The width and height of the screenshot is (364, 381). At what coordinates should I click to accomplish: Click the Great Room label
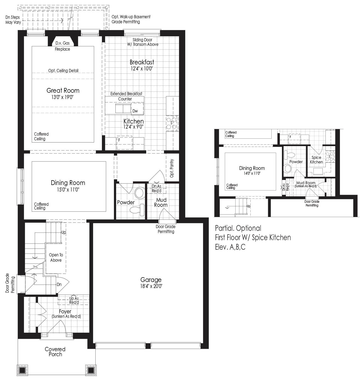click(x=63, y=90)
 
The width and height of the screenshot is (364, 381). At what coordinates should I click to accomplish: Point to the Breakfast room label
click(x=142, y=62)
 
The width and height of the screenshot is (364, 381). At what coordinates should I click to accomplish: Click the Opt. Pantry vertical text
click(x=172, y=168)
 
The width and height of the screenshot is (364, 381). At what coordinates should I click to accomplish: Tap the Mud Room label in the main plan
click(x=161, y=202)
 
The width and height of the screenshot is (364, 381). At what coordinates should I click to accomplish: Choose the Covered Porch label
click(x=55, y=352)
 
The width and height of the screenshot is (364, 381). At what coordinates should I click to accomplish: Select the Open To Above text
click(x=56, y=258)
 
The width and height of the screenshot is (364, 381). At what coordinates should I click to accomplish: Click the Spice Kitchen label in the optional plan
click(x=316, y=160)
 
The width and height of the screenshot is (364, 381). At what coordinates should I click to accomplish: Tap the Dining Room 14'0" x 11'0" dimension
click(x=252, y=173)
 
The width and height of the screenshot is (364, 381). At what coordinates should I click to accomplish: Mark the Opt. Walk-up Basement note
click(x=131, y=19)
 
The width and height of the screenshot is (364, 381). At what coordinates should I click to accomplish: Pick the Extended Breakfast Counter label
click(x=126, y=96)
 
